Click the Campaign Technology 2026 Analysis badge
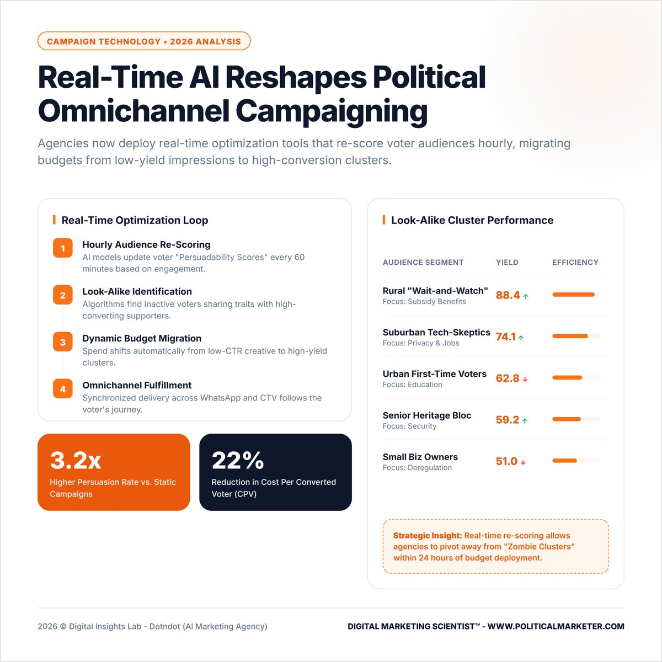143,41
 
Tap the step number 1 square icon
63,248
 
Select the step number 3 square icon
63,342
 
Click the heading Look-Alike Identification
137,291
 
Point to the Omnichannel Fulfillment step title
137,385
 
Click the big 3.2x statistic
76,460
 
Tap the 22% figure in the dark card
238,460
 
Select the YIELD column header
507,263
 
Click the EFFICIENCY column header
575,263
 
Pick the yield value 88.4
508,295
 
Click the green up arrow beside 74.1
521,338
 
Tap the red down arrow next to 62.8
525,380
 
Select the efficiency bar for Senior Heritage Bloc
567,419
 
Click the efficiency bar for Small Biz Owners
564,461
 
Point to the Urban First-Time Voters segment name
434,373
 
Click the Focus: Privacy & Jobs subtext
420,343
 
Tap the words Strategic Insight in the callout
428,536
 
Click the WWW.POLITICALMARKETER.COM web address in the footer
556,626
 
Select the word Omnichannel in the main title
133,111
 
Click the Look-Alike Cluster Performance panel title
472,220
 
